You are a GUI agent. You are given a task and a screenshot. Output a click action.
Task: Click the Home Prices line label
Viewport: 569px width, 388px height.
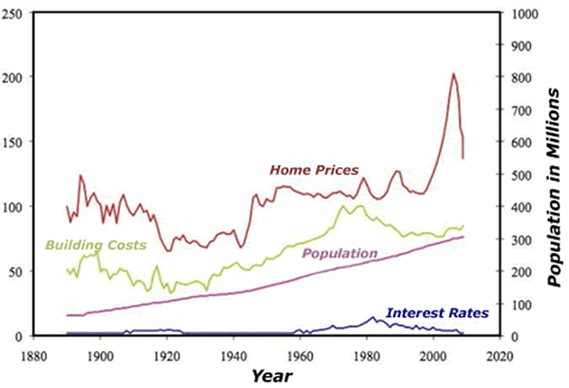click(314, 169)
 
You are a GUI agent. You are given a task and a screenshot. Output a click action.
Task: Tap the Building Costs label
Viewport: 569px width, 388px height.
click(96, 245)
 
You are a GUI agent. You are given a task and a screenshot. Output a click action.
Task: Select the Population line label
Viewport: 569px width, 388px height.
click(341, 254)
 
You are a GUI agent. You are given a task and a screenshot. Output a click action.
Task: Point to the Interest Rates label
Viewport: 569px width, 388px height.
click(437, 313)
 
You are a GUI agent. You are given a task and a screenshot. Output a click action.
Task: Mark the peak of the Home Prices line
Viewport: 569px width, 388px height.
click(454, 74)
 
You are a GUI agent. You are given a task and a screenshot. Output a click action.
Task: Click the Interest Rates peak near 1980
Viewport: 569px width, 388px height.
click(373, 318)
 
